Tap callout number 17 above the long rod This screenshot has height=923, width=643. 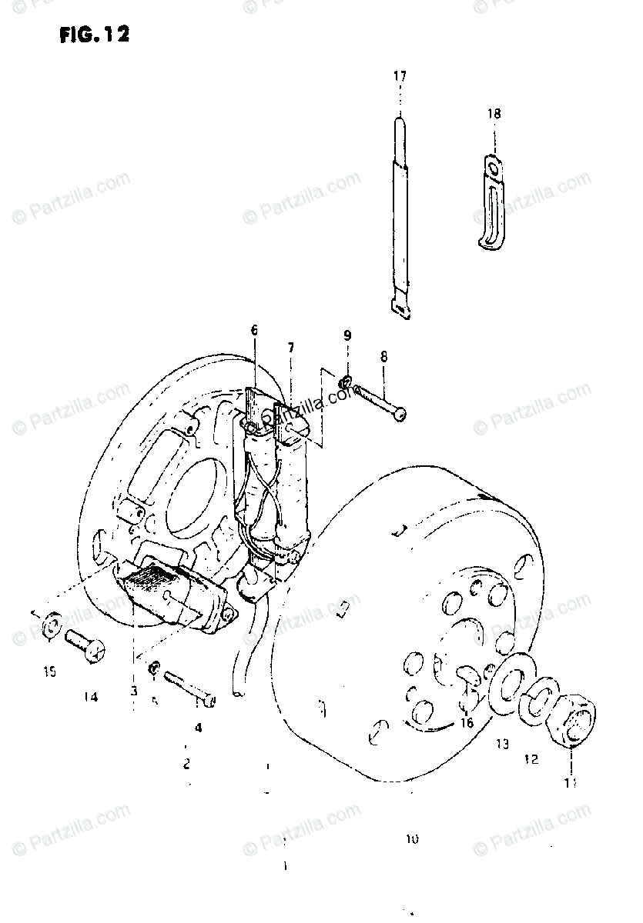pyautogui.click(x=399, y=76)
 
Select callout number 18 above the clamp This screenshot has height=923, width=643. pyautogui.click(x=493, y=113)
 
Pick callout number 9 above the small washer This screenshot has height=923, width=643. pyautogui.click(x=347, y=335)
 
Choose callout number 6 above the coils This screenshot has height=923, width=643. pyautogui.click(x=254, y=331)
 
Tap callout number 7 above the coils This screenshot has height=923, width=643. pyautogui.click(x=290, y=347)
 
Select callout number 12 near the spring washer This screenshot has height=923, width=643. pyautogui.click(x=531, y=759)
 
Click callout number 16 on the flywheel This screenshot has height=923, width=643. pyautogui.click(x=466, y=722)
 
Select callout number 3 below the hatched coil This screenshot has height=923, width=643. pyautogui.click(x=133, y=691)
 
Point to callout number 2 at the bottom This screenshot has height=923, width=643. pyautogui.click(x=186, y=764)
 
